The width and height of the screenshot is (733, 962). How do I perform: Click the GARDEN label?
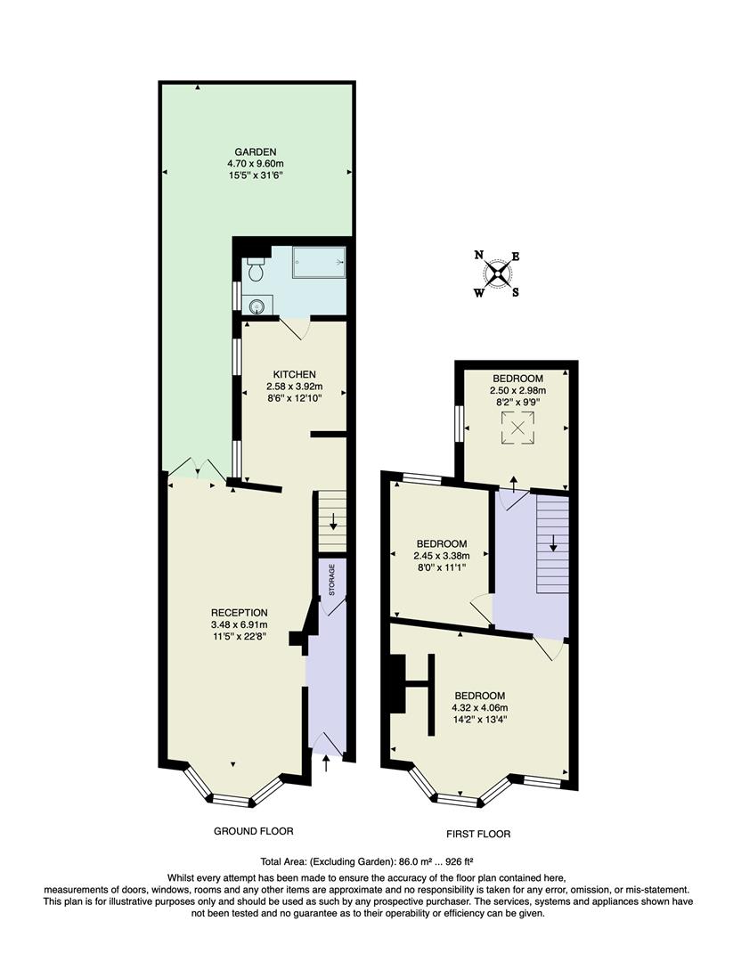[255, 151]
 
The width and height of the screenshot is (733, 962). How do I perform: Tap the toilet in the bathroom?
[257, 268]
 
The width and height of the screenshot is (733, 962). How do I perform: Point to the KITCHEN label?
[295, 374]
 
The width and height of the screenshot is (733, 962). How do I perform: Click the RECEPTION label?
[239, 612]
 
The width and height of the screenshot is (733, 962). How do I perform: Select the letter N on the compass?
[479, 255]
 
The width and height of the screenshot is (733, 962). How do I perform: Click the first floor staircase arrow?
[552, 541]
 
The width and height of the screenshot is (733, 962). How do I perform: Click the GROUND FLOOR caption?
[254, 831]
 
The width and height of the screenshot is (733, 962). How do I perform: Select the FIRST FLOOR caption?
[478, 835]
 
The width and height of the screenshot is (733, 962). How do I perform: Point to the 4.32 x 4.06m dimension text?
[480, 708]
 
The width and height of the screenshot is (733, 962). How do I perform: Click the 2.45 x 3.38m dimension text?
[442, 556]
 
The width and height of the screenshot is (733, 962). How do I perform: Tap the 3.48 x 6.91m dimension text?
[239, 624]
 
